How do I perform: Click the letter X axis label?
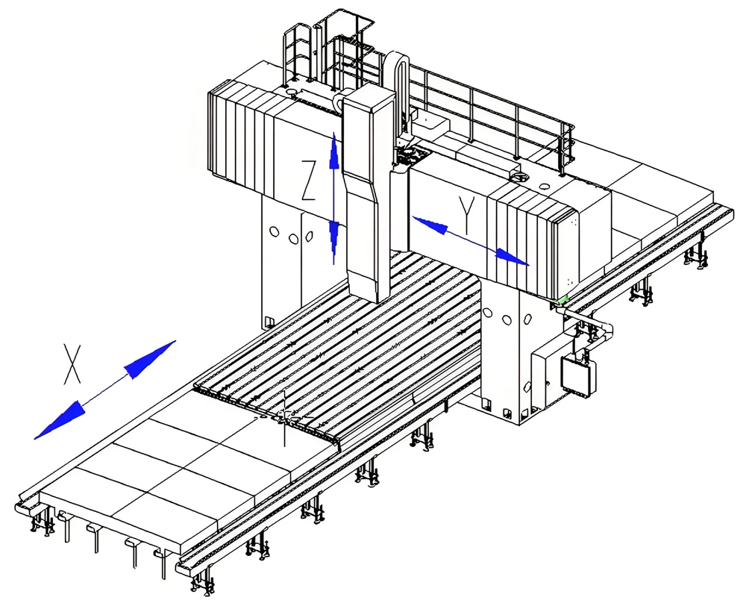tap(72, 364)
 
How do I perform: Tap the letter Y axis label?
tap(468, 216)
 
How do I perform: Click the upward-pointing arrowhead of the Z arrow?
tap(334, 153)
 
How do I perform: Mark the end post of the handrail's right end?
tap(570, 146)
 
